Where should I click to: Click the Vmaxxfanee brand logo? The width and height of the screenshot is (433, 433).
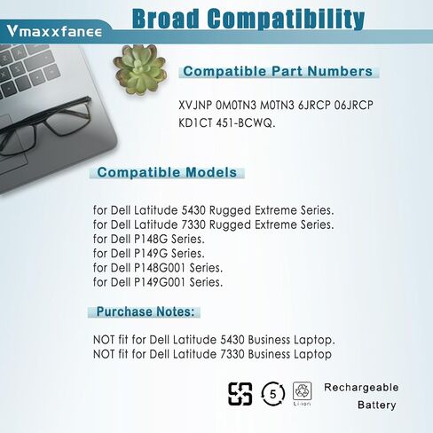(54, 31)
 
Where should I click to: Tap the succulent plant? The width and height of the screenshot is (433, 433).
(139, 69)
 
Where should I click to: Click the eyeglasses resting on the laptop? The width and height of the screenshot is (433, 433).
(44, 127)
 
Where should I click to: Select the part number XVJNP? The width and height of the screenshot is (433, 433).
(195, 106)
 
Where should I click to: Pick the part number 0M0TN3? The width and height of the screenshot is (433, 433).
(236, 106)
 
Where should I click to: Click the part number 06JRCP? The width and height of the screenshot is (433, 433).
(353, 106)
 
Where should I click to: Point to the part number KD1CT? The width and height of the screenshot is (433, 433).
(195, 122)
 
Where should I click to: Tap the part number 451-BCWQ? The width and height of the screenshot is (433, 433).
(246, 122)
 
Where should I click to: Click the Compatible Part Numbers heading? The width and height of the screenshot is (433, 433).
(278, 71)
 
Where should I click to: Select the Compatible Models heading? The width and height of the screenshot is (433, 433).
(167, 172)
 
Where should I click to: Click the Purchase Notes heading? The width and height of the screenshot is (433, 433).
(146, 311)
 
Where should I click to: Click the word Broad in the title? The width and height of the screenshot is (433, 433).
(166, 19)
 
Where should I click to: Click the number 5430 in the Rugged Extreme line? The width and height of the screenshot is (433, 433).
(193, 210)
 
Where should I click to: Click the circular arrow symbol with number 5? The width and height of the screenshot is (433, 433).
(272, 394)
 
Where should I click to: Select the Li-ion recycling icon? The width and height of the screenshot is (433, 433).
(302, 393)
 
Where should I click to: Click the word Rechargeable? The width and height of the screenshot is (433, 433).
(361, 388)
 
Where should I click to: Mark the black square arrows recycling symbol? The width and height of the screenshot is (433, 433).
(240, 394)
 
